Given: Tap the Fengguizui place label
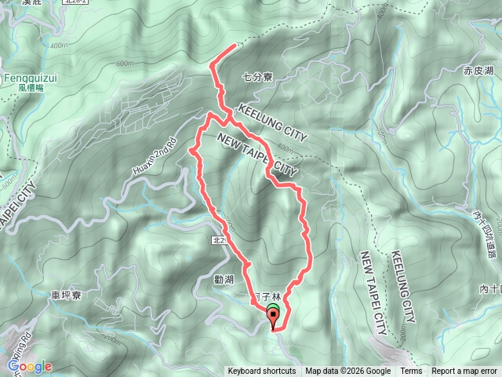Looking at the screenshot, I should point(27,78).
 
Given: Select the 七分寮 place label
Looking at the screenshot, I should point(257,77).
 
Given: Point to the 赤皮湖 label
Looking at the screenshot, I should point(478,71).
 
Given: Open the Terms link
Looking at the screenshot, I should point(411,372).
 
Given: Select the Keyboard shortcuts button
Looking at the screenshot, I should point(262,372).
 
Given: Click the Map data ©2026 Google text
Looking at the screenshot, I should point(348,372).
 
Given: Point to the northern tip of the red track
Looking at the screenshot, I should point(235,46).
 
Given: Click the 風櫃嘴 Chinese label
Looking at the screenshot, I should point(26,88).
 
